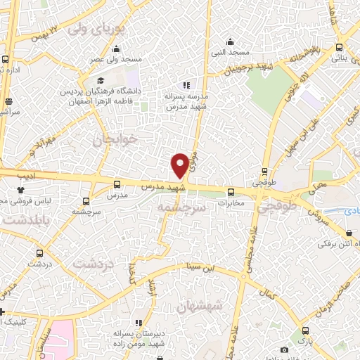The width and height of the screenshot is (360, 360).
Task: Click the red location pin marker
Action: (x=180, y=165)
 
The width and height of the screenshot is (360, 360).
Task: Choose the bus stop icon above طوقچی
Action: (x=264, y=171)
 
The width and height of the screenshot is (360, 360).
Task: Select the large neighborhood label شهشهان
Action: (x=200, y=305)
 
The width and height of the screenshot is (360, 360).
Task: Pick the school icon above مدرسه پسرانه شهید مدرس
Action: (x=186, y=84)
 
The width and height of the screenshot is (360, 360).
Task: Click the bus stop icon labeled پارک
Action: (x=304, y=330)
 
